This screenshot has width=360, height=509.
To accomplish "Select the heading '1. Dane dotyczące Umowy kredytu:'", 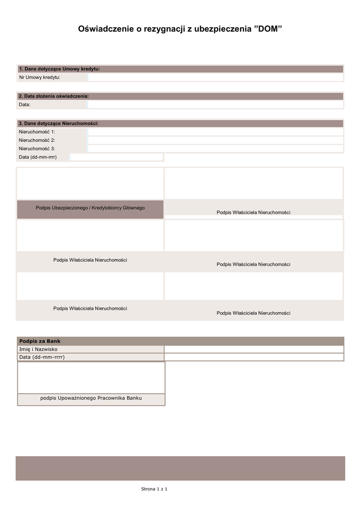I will coord(60,69).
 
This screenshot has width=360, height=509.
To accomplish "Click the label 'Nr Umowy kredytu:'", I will coord(40,78).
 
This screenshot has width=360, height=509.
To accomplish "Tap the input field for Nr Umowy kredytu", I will coord(215,78).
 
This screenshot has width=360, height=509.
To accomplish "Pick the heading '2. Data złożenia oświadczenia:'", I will coord(54,96).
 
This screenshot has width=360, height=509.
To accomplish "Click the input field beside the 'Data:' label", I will coord(215,105).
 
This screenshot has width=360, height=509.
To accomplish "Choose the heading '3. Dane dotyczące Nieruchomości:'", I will coord(59,123).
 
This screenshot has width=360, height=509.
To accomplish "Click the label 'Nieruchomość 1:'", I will coord(37,132).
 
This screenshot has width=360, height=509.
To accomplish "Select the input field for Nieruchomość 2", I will coord(215,140).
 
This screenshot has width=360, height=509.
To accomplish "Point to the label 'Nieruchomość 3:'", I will coord(37,149).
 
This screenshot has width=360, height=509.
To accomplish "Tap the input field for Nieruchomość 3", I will coord(215,149).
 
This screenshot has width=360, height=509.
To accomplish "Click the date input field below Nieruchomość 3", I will coord(116,157).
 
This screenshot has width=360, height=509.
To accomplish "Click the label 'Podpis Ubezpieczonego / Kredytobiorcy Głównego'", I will coord(90,208).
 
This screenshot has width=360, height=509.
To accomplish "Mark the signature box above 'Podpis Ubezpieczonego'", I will coord(90,183).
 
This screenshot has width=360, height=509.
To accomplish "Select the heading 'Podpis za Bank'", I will coord(40,341).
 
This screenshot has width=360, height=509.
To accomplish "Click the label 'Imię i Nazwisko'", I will coord(38,349).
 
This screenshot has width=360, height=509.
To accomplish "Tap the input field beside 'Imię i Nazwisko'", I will coord(254,349).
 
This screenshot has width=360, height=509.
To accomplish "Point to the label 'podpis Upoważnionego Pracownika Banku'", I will coord(91,398).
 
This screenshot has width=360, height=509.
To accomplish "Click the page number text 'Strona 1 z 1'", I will coord(154,490).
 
